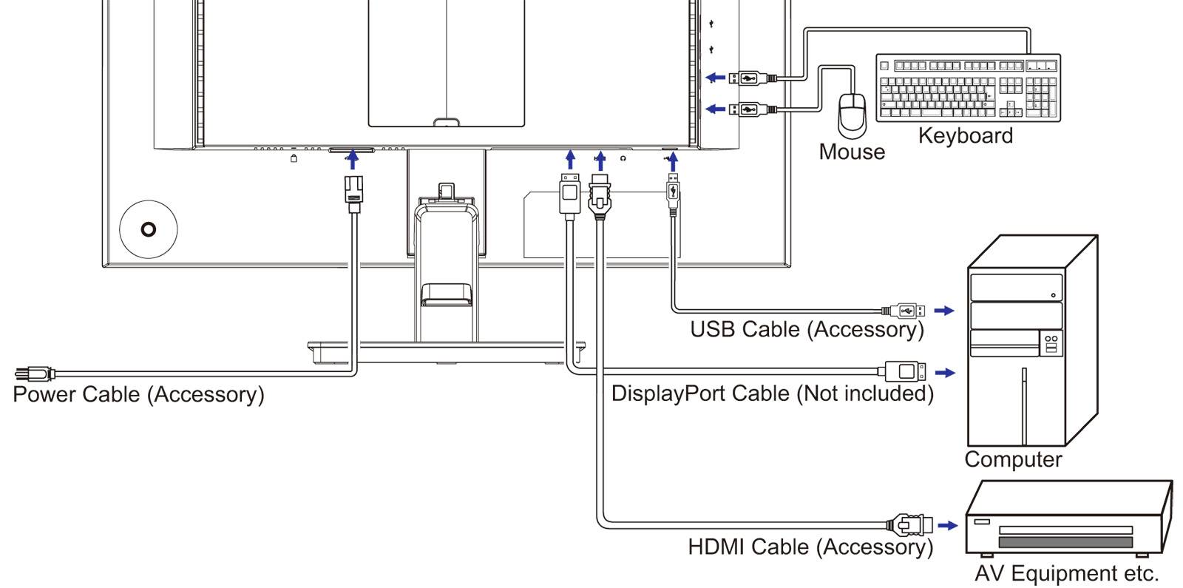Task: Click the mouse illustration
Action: [852, 115]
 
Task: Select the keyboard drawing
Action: [968, 87]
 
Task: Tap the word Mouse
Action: [852, 152]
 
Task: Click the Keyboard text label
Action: [965, 136]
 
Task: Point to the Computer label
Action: [1012, 459]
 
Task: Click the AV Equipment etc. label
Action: [1066, 573]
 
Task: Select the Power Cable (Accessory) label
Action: [138, 394]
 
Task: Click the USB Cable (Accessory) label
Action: [807, 329]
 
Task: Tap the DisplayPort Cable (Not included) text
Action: [772, 393]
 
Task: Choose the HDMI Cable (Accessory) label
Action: [810, 547]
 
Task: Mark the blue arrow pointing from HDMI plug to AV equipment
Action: [947, 525]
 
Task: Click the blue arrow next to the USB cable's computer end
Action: [944, 311]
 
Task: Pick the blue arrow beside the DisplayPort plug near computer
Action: [945, 372]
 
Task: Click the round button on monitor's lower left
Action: [149, 229]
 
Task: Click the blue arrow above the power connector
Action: [353, 159]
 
